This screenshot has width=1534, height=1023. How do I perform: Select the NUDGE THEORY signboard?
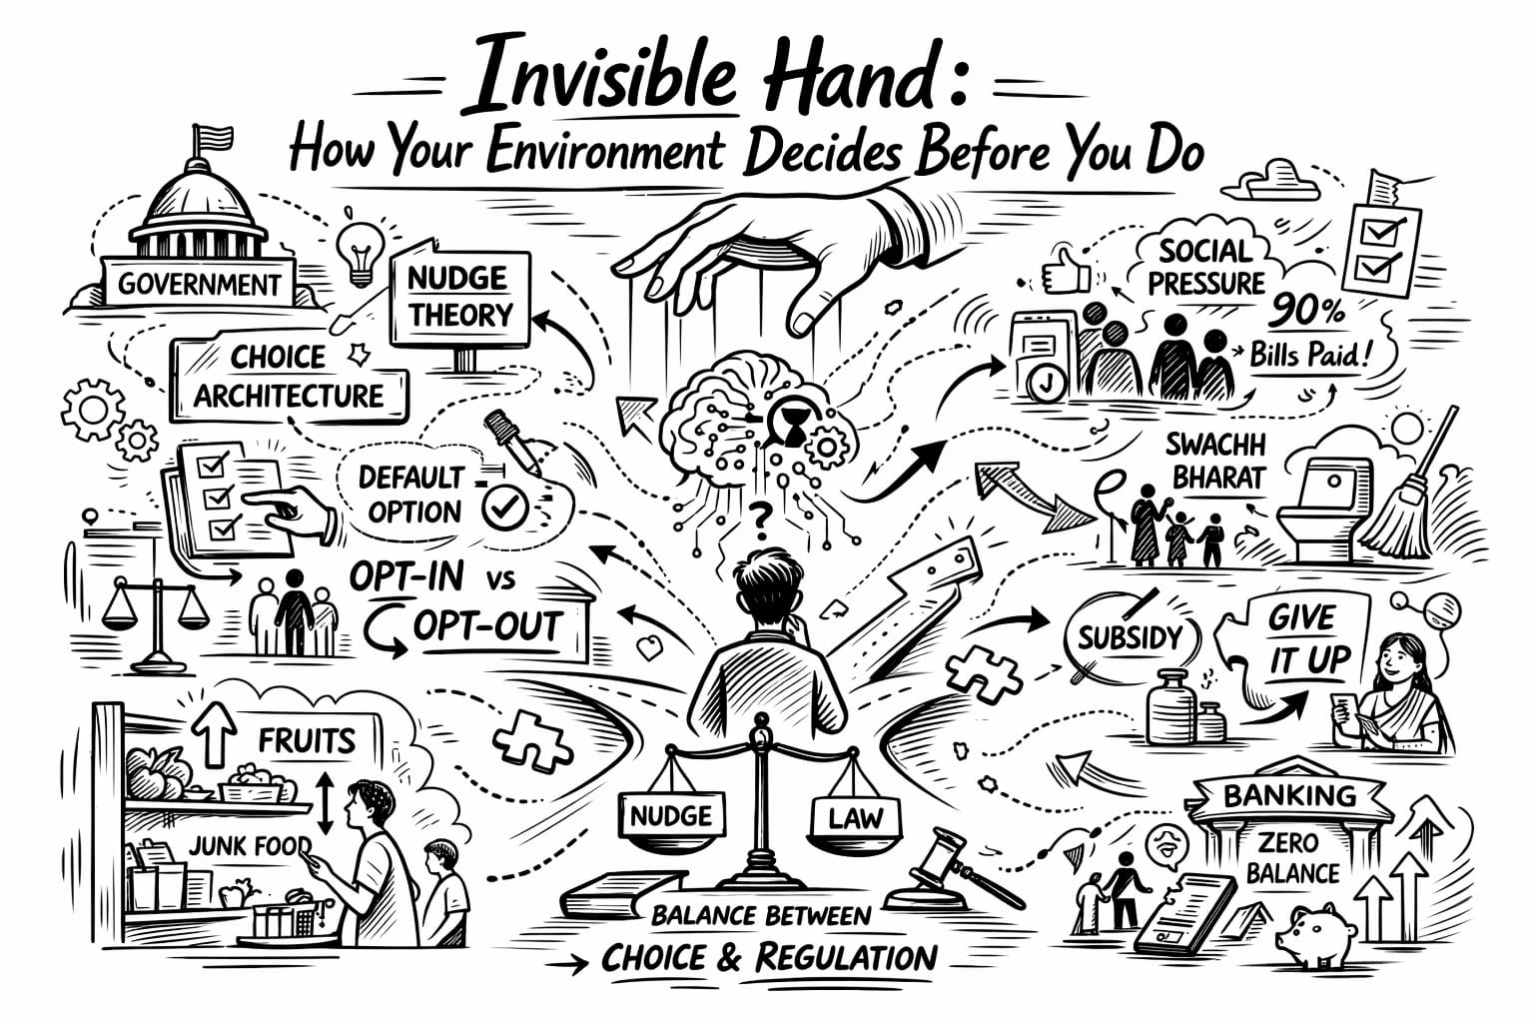pos(458,297)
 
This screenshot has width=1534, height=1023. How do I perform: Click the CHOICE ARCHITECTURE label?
pos(290,378)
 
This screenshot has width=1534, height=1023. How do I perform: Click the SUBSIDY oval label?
pos(1130,638)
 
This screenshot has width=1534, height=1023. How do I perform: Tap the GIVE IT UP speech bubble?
pos(1299,639)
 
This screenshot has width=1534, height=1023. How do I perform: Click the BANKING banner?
pos(1289,796)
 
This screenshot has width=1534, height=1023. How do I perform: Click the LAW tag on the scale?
pos(856,818)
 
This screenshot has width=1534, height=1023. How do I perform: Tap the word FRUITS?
pos(307,740)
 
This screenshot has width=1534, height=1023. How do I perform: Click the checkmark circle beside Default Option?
pos(504,507)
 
